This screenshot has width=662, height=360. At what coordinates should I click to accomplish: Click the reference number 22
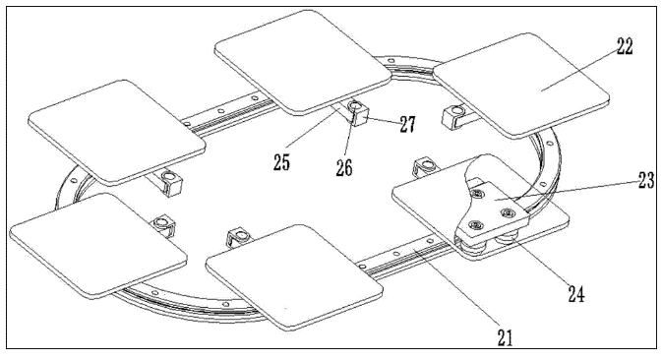click(x=625, y=47)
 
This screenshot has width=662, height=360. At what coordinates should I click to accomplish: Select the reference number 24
click(x=576, y=293)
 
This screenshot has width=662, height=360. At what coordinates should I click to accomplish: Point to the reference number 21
click(x=505, y=337)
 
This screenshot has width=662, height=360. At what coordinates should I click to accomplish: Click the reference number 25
click(x=281, y=162)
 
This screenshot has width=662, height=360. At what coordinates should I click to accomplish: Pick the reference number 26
click(x=344, y=168)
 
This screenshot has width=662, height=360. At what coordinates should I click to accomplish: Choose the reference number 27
click(x=407, y=125)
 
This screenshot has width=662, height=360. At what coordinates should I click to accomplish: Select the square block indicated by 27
click(x=358, y=112)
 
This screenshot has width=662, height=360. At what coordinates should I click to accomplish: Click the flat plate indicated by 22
click(x=522, y=85)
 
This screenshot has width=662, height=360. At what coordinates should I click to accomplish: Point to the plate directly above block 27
click(x=303, y=62)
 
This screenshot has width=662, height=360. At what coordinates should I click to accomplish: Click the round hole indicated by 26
click(x=354, y=105)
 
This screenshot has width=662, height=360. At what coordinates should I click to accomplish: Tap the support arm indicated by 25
click(x=337, y=111)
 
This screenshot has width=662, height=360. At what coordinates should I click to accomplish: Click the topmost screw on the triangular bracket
click(x=477, y=194)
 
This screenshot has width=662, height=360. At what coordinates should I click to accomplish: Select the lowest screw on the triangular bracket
click(x=477, y=226)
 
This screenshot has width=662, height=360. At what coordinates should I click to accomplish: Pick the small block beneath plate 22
click(x=452, y=116)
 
